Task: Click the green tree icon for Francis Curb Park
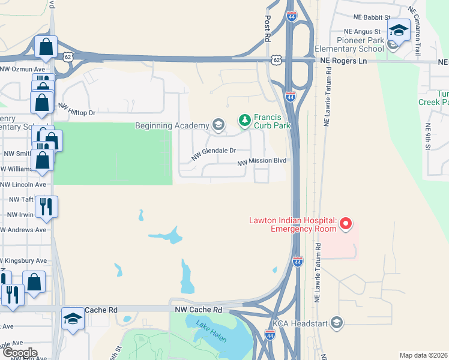[244, 121]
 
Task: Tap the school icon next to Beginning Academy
[218, 125]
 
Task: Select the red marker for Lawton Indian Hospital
[345, 225]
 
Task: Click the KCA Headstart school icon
[337, 323]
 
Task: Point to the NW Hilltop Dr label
[76, 109]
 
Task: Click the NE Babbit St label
[372, 18]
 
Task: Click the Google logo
[19, 353]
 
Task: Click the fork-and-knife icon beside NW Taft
[46, 207]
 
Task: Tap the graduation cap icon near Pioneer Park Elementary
[398, 29]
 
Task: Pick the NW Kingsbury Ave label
[23, 261]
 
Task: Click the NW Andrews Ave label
[23, 230]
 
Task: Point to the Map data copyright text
[423, 355]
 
